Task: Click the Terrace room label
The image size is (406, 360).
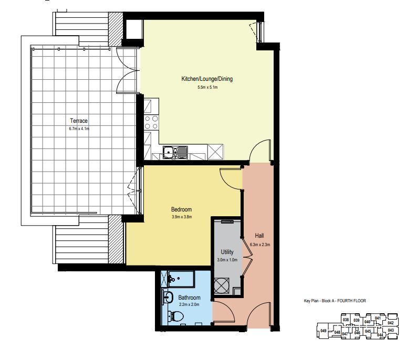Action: tap(79, 121)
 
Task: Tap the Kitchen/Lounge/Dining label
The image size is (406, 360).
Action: tap(207, 79)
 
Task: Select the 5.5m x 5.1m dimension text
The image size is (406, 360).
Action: tap(207, 88)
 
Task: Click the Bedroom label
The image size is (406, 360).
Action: tap(182, 209)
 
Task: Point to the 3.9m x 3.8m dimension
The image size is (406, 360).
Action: tap(182, 217)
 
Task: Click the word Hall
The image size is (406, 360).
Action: tap(259, 236)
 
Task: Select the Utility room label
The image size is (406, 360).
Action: tap(227, 252)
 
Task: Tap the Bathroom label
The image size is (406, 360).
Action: tap(189, 298)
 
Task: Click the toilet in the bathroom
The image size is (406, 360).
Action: tap(175, 316)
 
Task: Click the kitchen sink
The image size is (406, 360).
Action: tap(175, 152)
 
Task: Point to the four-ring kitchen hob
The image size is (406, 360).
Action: tap(151, 123)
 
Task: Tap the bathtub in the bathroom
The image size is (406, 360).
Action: tap(181, 279)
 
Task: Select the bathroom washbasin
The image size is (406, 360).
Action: tap(168, 297)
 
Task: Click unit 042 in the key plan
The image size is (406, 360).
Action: tap(391, 323)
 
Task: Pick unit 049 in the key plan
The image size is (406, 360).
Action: tap(324, 331)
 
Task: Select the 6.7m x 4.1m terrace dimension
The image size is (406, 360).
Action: tap(79, 129)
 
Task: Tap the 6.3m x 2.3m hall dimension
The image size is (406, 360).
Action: tap(260, 245)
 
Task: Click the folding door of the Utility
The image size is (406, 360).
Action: tap(247, 257)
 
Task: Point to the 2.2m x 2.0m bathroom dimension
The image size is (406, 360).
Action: tap(189, 305)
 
